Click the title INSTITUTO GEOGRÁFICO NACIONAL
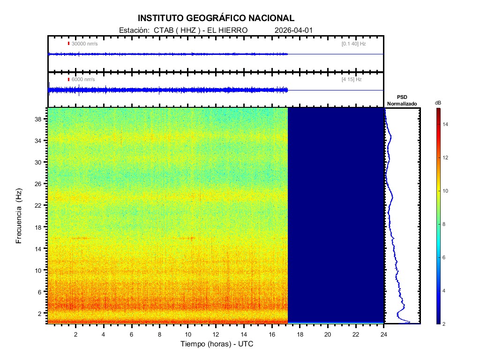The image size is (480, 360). tap(216, 18)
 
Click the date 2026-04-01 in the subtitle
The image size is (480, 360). tap(293, 30)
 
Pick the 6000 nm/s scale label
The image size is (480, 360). tap(83, 80)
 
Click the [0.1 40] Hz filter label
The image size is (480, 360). tap(353, 44)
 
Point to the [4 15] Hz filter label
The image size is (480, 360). tap(352, 80)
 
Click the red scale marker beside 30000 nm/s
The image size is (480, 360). tap(68, 44)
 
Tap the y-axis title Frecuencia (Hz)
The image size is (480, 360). tap(19, 216)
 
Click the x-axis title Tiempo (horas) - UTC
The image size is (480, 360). tap(217, 344)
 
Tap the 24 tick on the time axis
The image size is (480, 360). tap(384, 334)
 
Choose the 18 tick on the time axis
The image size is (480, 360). tap(300, 334)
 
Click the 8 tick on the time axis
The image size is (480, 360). tap(160, 334)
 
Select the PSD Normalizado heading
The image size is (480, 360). tap(402, 100)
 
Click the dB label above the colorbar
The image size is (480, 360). tap(438, 102)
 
